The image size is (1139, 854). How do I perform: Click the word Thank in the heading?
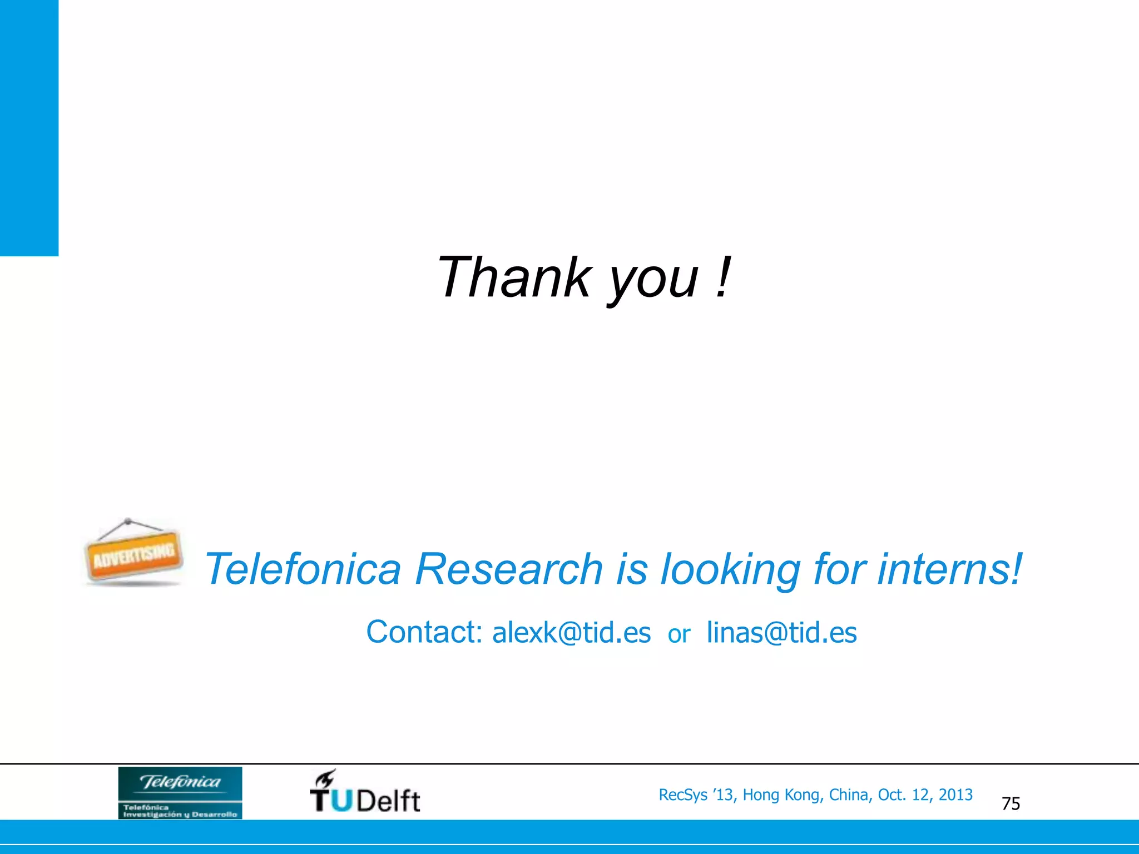[513, 277]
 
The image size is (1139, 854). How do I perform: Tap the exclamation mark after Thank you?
[722, 277]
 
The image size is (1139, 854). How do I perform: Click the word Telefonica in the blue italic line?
[303, 569]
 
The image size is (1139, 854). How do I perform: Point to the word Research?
[509, 569]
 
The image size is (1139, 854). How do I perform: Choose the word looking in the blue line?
[730, 570]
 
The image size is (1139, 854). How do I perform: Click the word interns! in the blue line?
[950, 569]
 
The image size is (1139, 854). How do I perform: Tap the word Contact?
[424, 632]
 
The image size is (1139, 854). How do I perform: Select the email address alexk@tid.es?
[571, 633]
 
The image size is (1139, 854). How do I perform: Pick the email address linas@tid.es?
[781, 633]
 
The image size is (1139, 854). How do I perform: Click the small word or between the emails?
[679, 634]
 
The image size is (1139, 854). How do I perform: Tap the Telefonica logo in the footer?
[180, 792]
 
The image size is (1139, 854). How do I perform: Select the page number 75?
[1011, 804]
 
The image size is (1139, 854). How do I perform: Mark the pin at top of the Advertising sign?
[128, 522]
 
